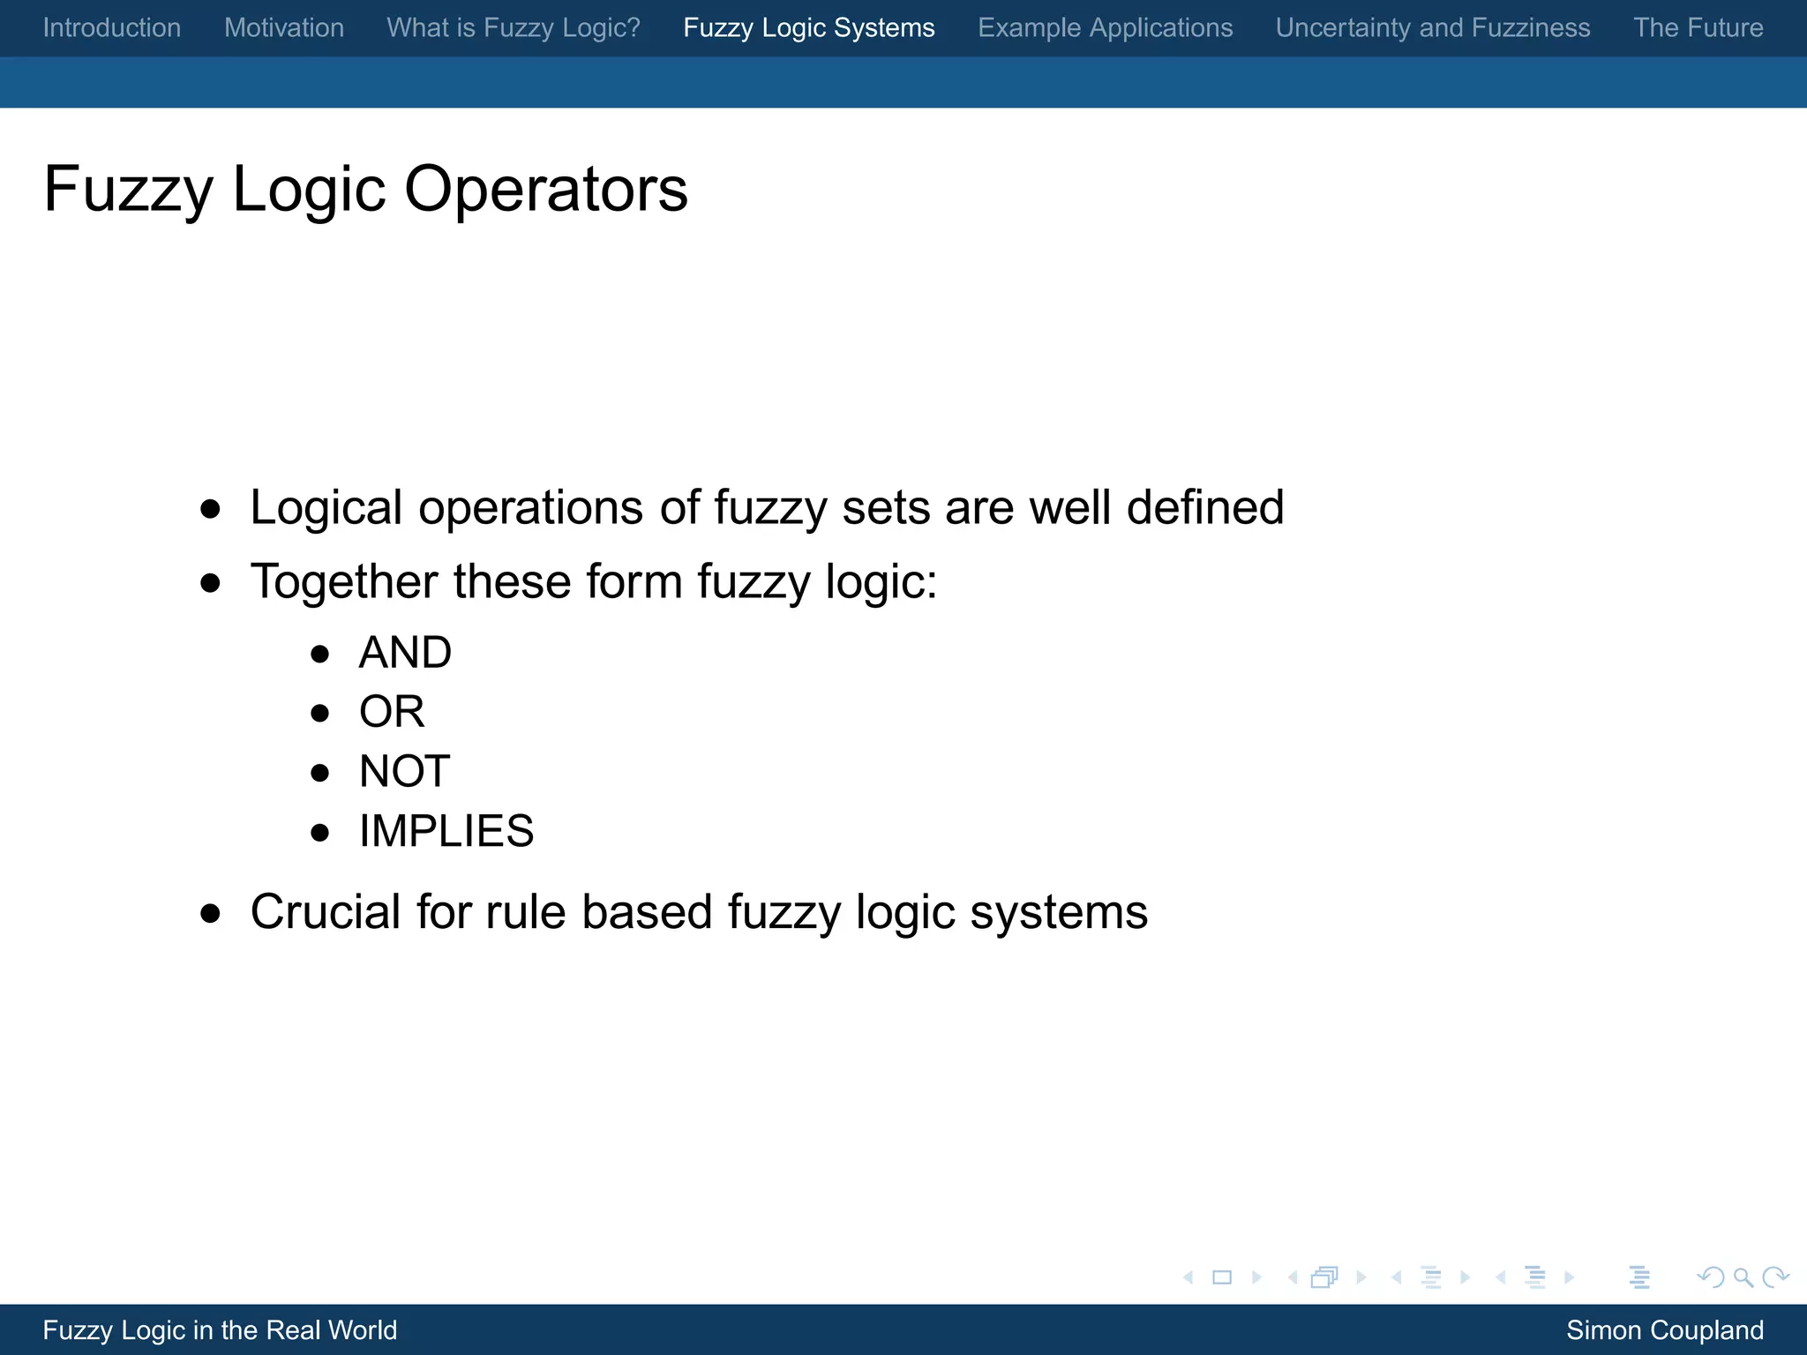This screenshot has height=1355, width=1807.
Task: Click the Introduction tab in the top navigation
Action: (x=112, y=28)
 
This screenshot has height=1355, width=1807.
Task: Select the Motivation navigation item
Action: (x=284, y=28)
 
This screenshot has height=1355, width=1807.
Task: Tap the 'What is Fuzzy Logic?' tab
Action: (x=514, y=28)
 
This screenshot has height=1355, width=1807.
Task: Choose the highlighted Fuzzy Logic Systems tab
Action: (x=809, y=28)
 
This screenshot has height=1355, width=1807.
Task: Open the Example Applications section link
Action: (x=1106, y=28)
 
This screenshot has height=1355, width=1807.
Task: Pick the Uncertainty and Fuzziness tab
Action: (x=1433, y=28)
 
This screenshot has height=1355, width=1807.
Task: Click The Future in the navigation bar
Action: (x=1698, y=28)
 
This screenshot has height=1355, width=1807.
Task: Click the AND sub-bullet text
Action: (x=405, y=653)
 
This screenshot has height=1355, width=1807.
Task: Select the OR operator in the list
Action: (x=392, y=712)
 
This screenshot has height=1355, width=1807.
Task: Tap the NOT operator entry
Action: (x=405, y=771)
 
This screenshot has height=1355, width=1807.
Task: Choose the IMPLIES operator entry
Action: (x=446, y=831)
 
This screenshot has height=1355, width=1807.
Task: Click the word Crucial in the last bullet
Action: (x=326, y=911)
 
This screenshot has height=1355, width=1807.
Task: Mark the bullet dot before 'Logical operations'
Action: (x=210, y=509)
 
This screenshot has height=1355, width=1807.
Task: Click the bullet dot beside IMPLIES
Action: (x=320, y=833)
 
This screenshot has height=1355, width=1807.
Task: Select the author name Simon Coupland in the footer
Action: (x=1665, y=1330)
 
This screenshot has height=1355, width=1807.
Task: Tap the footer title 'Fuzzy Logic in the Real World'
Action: (x=221, y=1330)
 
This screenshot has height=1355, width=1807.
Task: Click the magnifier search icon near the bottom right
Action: (x=1743, y=1277)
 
